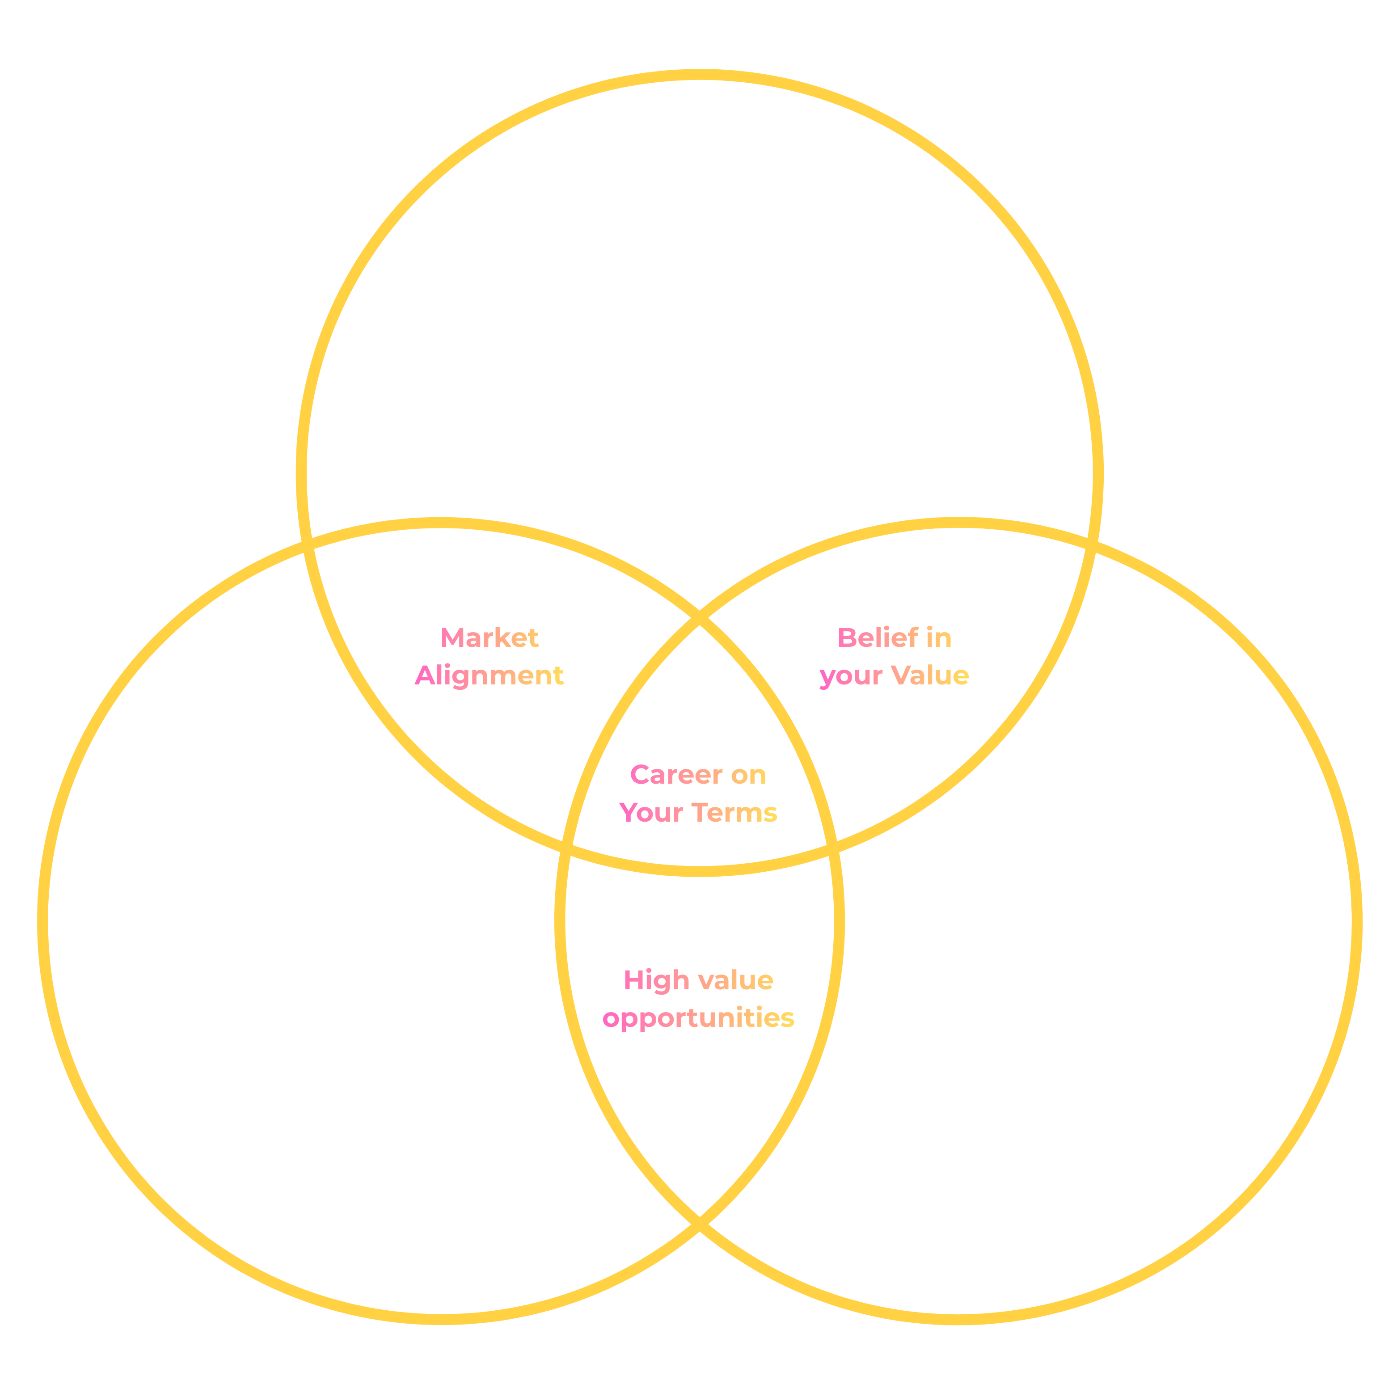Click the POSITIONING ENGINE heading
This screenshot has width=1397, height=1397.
pyautogui.click(x=698, y=186)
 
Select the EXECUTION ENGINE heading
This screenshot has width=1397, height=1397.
pyautogui.click(x=1103, y=842)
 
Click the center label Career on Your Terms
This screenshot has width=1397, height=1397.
pyautogui.click(x=698, y=793)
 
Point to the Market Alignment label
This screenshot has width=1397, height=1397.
pyautogui.click(x=490, y=656)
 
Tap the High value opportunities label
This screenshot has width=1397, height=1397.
pyautogui.click(x=698, y=999)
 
